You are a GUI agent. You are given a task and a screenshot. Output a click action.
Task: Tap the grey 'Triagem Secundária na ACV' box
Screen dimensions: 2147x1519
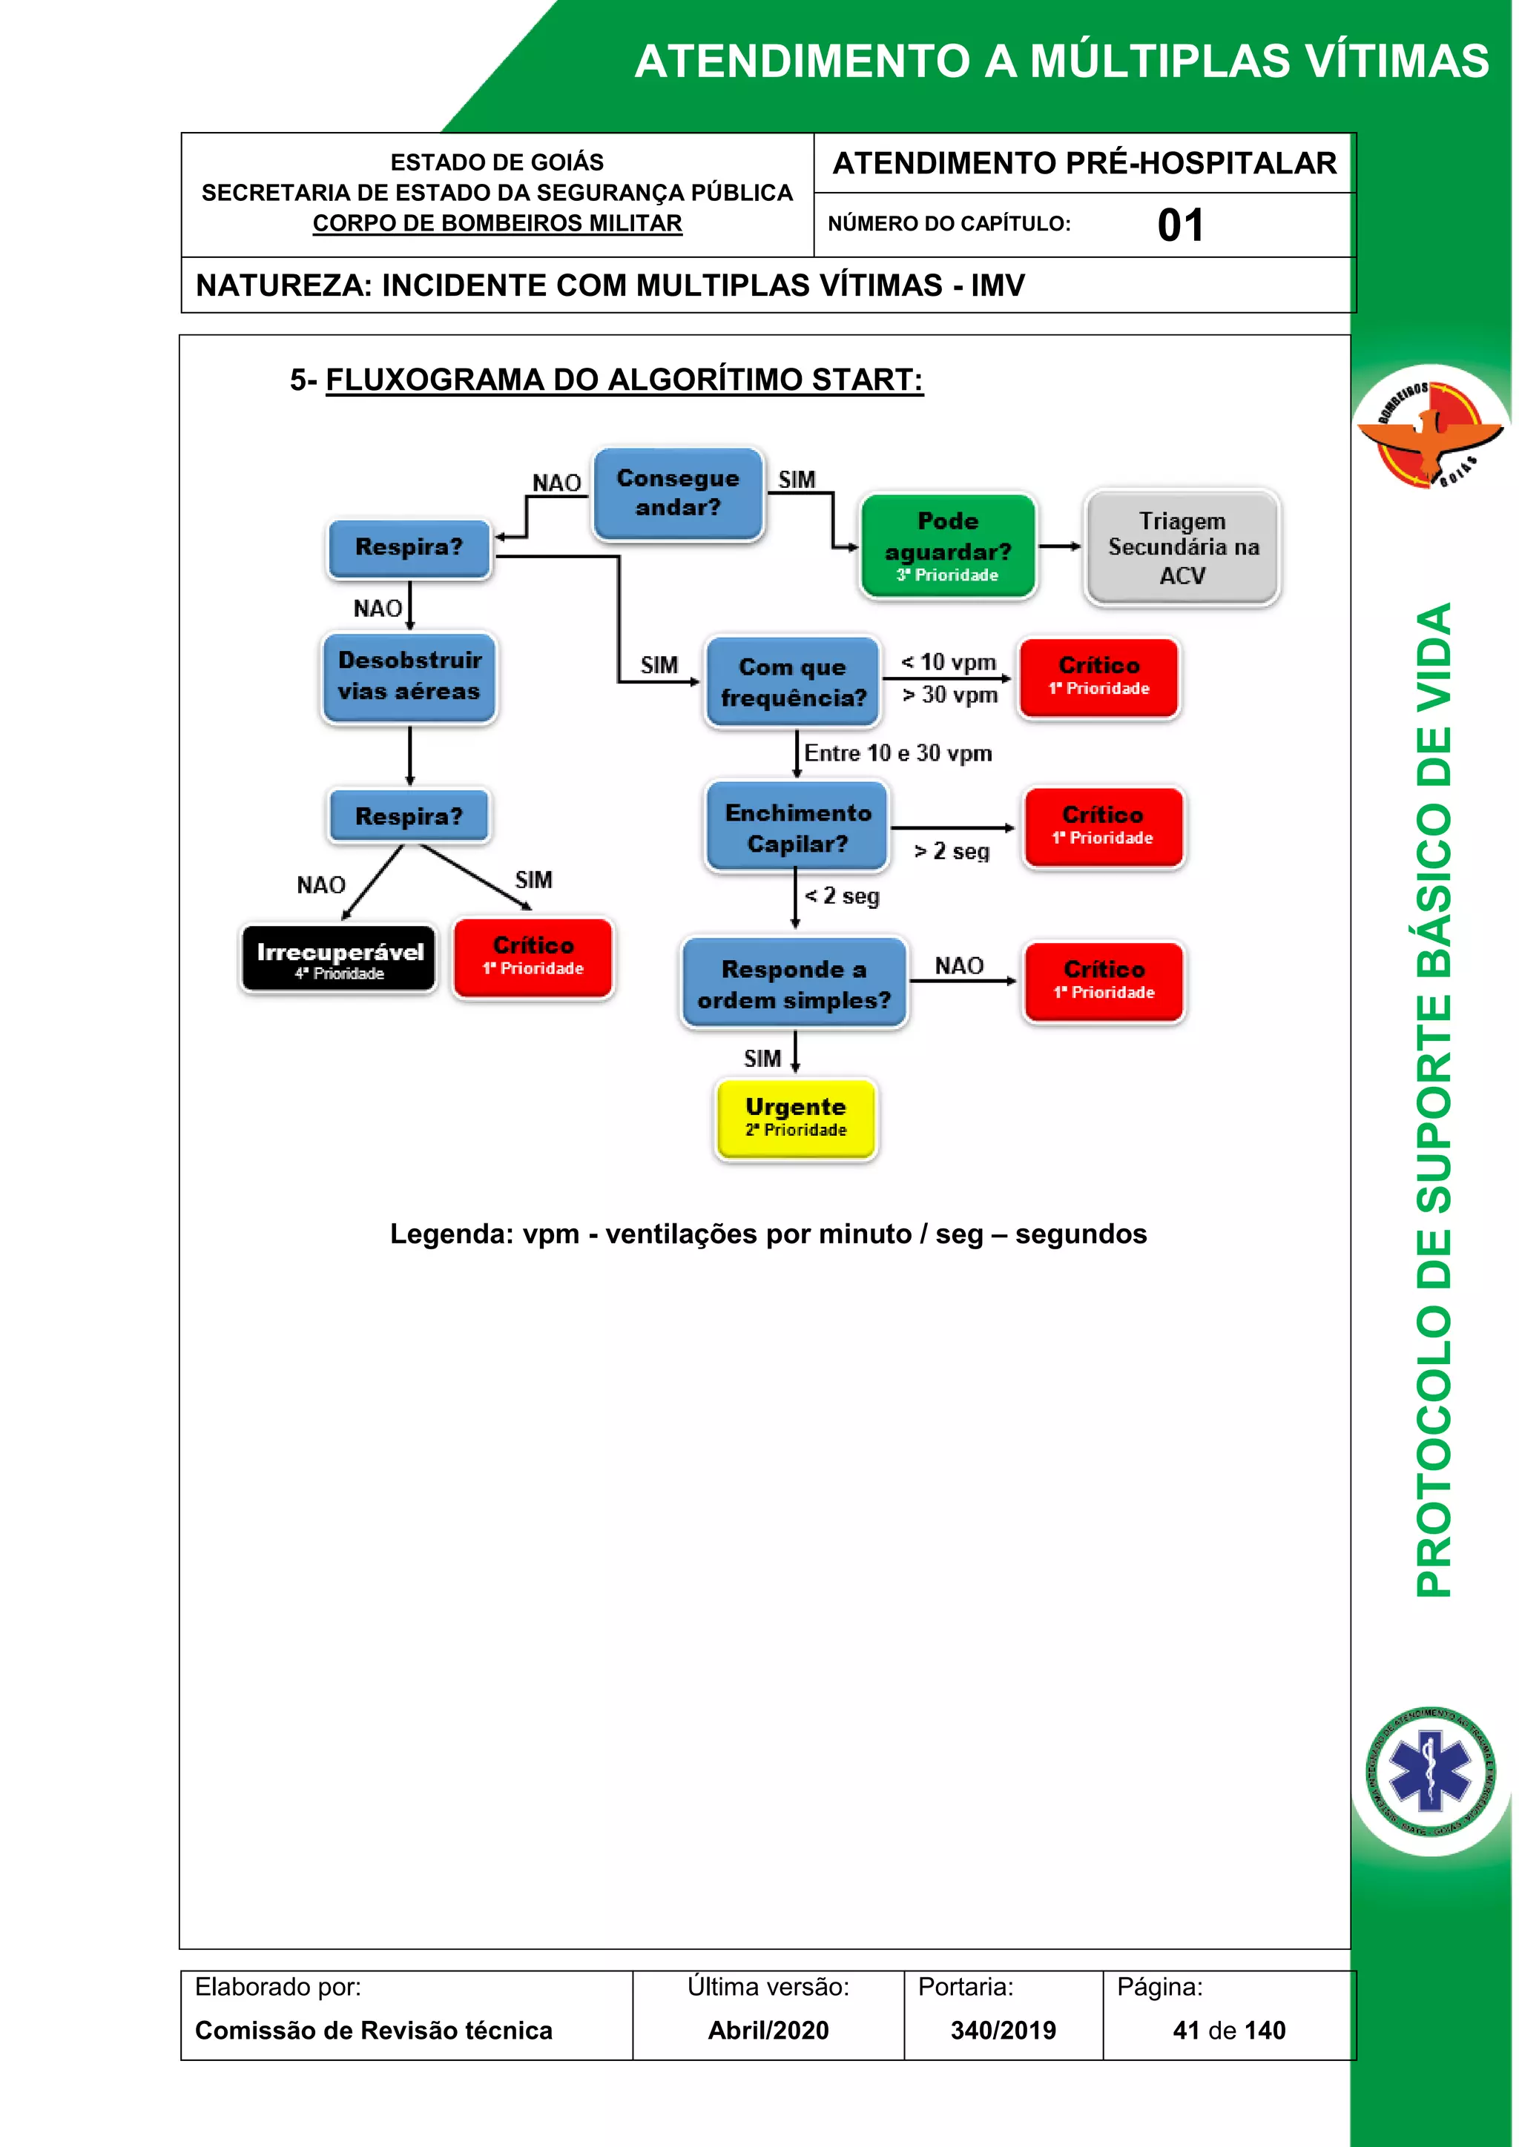pos(1182,548)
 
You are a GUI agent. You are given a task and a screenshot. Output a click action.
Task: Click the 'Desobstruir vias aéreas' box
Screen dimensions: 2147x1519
pos(409,676)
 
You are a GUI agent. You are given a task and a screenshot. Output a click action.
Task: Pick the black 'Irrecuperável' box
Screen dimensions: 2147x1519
pos(339,959)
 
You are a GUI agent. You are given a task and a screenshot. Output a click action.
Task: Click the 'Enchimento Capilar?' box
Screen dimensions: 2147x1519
pos(797,827)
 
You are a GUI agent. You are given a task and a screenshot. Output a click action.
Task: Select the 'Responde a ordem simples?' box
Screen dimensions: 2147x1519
pos(794,984)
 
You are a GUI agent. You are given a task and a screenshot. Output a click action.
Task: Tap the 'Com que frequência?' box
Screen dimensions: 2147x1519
pos(792,682)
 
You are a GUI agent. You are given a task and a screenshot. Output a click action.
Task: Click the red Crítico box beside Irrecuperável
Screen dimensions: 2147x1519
pos(533,956)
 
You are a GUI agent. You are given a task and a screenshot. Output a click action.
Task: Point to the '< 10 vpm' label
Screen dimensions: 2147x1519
pos(949,662)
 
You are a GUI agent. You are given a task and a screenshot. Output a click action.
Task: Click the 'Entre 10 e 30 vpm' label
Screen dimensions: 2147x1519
pos(898,752)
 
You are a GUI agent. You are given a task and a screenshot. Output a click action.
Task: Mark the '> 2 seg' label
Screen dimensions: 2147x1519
pos(952,851)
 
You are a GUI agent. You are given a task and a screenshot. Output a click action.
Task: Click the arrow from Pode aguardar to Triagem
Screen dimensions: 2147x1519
pos(1060,546)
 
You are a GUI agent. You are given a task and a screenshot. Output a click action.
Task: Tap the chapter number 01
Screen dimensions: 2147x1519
pos(1179,225)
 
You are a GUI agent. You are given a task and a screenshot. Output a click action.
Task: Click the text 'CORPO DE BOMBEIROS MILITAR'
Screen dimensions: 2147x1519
pos(497,223)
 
